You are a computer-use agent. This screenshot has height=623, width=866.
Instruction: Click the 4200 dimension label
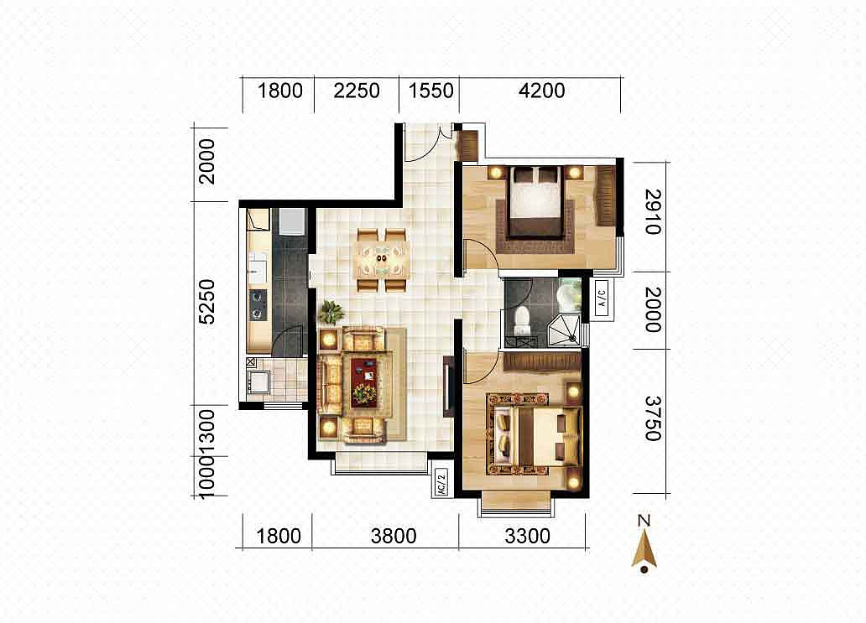pos(541,91)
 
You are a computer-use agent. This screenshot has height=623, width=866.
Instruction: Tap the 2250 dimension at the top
pos(357,91)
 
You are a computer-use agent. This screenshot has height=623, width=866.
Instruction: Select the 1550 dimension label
pos(430,91)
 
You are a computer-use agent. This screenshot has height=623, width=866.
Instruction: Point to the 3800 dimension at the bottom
pos(394,536)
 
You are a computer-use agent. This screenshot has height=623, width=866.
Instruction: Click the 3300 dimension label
pos(527,536)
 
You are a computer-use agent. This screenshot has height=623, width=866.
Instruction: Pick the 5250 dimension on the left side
pos(206,301)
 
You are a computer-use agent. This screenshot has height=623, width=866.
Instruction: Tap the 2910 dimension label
pos(653,212)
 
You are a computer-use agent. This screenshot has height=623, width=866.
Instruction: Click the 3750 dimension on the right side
pos(653,418)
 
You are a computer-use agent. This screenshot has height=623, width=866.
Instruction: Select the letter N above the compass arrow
pos(644,521)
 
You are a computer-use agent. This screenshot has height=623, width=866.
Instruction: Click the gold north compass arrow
pos(644,549)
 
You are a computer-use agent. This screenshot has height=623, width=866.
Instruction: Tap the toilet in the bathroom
pos(521,321)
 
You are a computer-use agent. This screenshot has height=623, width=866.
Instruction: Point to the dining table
pos(382,260)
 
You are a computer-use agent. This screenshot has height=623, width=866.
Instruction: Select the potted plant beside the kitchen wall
pos(331,312)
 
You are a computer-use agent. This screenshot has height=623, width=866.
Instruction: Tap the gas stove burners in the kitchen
pos(258,305)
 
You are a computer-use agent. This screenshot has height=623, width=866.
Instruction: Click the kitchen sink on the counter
pos(258,267)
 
